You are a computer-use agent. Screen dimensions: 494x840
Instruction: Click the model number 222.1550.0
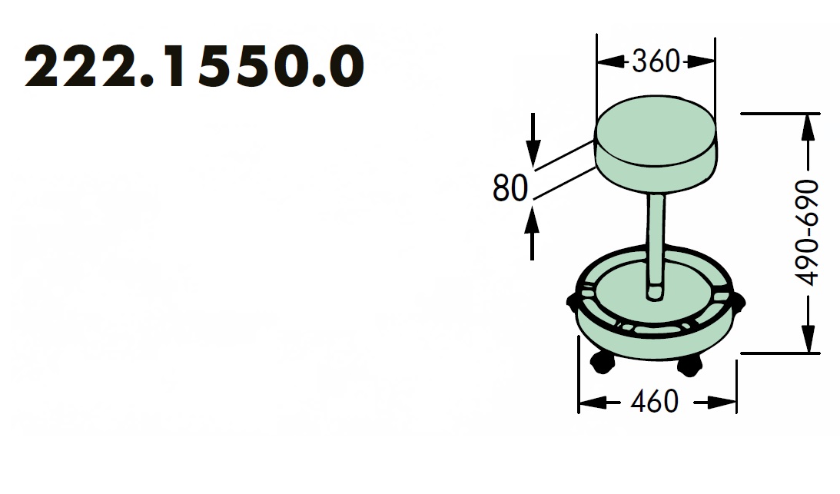point(194,68)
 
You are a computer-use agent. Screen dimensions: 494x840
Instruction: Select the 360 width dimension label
point(656,61)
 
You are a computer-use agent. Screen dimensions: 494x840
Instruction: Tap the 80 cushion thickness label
point(510,188)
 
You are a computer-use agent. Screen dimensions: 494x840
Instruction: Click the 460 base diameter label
point(655,401)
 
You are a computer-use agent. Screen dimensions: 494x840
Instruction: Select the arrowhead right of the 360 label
point(703,61)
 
